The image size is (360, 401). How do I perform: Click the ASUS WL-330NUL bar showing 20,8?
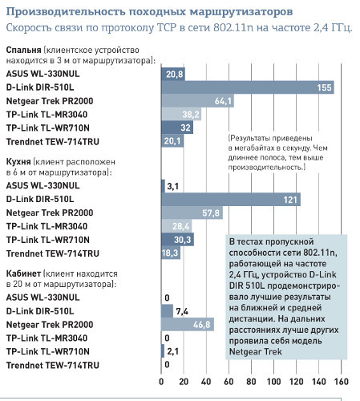click(x=173, y=74)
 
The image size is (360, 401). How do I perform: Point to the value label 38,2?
click(x=191, y=115)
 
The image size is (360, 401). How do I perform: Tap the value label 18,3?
click(x=170, y=253)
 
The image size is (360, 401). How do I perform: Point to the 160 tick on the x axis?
click(x=341, y=382)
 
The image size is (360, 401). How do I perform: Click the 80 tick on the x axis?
click(x=251, y=382)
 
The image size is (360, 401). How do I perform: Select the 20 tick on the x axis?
click(x=184, y=382)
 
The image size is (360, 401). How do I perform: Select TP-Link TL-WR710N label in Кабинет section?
click(x=48, y=351)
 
